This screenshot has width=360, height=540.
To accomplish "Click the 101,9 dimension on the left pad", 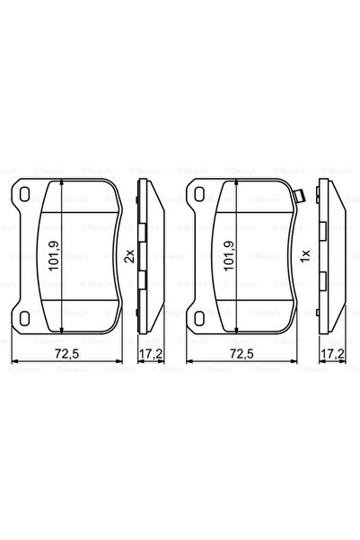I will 54,256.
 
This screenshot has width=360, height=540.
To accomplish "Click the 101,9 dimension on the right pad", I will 231,256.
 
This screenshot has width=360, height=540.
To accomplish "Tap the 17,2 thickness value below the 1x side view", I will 333,355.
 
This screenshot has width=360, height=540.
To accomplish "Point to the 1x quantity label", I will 305,256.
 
